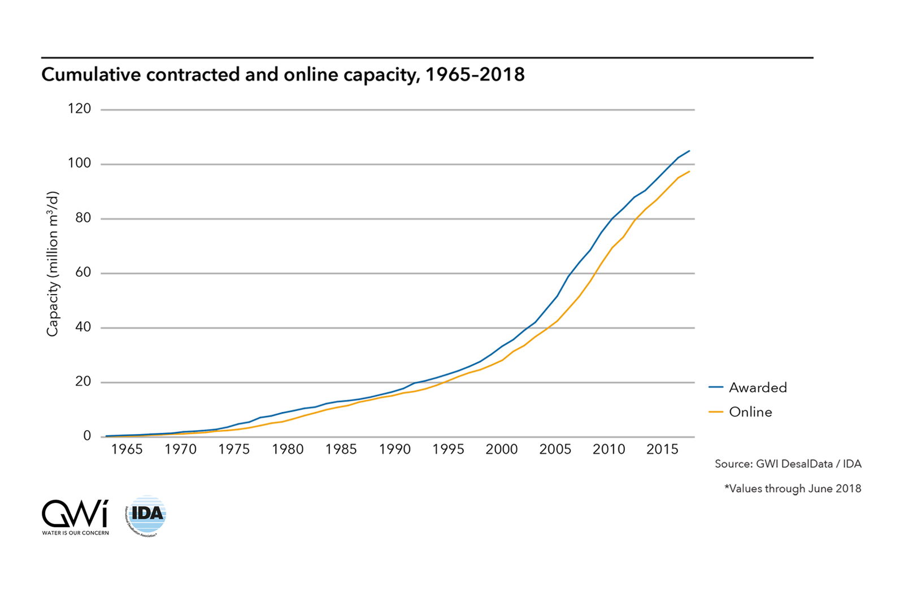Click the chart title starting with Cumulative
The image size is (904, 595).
pos(282,75)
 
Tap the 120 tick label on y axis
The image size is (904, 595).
pos(79,108)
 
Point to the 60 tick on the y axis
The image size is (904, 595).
pos(83,272)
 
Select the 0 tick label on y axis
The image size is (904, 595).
pos(87,436)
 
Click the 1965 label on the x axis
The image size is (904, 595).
pos(127,449)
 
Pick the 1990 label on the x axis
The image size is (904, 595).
pos(394,449)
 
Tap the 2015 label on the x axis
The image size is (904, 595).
pos(662,449)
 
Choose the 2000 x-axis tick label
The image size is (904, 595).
pos(502,449)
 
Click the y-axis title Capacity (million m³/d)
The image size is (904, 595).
pos(52,264)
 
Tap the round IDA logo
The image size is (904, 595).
pos(146,515)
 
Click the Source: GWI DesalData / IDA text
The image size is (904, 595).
pos(788,464)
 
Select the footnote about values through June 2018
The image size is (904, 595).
pos(793,489)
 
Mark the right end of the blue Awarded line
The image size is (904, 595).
pos(689,151)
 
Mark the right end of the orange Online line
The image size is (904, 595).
pos(689,171)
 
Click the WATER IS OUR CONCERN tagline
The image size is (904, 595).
pos(75,533)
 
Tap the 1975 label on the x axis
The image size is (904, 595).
pos(234,449)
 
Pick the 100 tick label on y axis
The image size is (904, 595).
pos(79,163)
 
